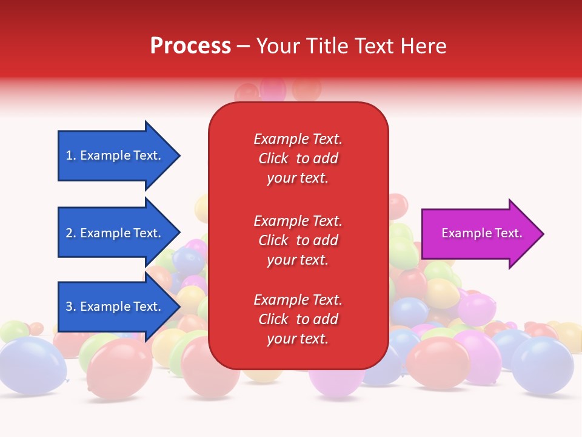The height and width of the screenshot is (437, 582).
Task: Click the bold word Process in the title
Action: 190,46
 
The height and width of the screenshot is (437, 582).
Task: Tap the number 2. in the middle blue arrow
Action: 71,233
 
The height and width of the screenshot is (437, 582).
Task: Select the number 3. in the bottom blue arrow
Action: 71,307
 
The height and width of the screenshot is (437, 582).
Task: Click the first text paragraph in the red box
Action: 298,158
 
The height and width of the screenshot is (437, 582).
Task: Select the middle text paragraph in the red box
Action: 298,240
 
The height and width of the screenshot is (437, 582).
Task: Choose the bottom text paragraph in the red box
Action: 298,319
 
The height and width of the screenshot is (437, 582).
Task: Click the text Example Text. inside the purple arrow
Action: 481,233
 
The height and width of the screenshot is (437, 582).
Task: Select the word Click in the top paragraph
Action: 273,158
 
